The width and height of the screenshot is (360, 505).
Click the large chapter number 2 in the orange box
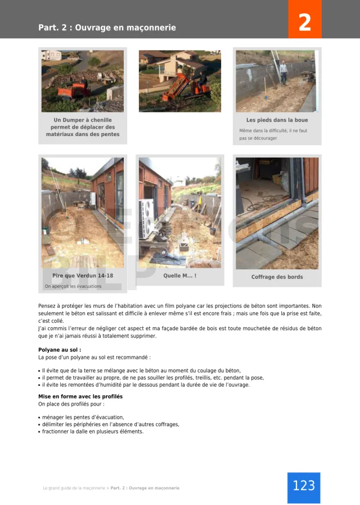click(x=304, y=23)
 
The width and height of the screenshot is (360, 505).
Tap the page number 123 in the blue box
click(x=304, y=485)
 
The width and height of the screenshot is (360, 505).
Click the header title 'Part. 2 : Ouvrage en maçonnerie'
click(x=107, y=28)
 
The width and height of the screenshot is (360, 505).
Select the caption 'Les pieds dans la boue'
click(x=277, y=120)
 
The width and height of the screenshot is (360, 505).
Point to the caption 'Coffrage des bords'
click(x=277, y=277)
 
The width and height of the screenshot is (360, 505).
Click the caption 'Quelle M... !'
click(x=179, y=276)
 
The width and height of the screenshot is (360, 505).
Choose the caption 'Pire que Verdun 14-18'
click(x=83, y=276)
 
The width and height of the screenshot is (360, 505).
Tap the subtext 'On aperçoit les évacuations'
click(x=73, y=286)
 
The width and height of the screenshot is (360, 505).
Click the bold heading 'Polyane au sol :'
click(x=60, y=350)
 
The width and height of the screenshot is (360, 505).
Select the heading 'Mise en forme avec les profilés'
click(x=80, y=396)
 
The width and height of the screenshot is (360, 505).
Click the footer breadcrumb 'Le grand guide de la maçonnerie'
click(x=74, y=488)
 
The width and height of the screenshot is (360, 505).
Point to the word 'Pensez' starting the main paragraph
click(x=47, y=306)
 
